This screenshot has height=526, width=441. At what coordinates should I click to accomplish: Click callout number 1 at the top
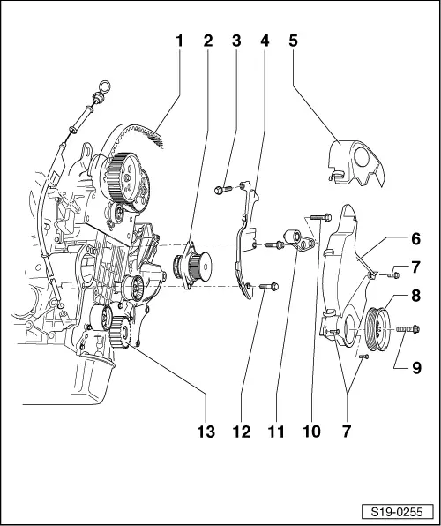(x=180, y=41)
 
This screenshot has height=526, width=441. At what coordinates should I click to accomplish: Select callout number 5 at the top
(x=293, y=41)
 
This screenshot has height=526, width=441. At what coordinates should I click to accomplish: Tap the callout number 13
(x=206, y=432)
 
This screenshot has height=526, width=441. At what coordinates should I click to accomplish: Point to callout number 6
(x=415, y=239)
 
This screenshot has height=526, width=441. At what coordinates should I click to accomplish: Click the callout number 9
(x=416, y=368)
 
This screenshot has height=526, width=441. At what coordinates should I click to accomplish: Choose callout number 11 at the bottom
(x=276, y=432)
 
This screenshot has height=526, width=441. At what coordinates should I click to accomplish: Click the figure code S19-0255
(x=398, y=513)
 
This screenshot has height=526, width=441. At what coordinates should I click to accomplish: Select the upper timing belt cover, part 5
(x=356, y=163)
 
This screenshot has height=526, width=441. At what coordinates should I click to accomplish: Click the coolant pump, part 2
(x=192, y=265)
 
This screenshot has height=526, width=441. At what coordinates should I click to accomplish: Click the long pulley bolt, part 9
(x=407, y=329)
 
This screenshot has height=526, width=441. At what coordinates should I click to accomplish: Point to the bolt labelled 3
(x=222, y=191)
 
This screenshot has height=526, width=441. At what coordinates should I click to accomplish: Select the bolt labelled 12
(x=269, y=287)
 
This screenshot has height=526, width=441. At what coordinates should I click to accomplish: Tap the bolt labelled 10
(x=321, y=217)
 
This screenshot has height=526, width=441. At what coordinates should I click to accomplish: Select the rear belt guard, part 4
(x=246, y=240)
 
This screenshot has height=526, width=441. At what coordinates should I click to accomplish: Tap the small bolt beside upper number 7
(x=393, y=275)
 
